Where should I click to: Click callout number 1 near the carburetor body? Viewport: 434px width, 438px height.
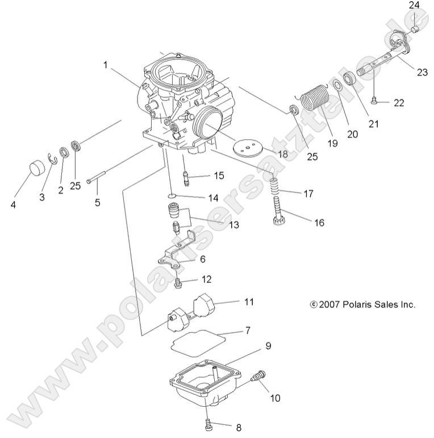(105, 65)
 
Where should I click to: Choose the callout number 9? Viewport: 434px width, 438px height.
(268, 345)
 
